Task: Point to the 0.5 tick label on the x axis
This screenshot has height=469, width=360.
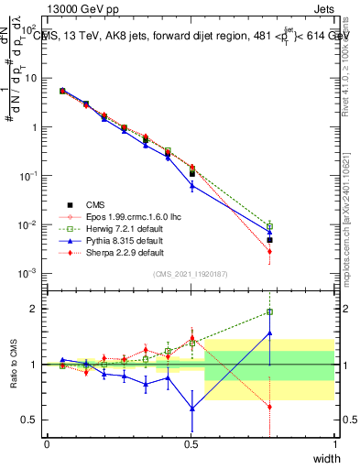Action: [x=191, y=444]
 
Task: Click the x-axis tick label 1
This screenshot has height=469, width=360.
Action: [x=334, y=444]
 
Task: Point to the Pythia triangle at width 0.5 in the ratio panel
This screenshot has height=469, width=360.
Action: [x=191, y=408]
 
